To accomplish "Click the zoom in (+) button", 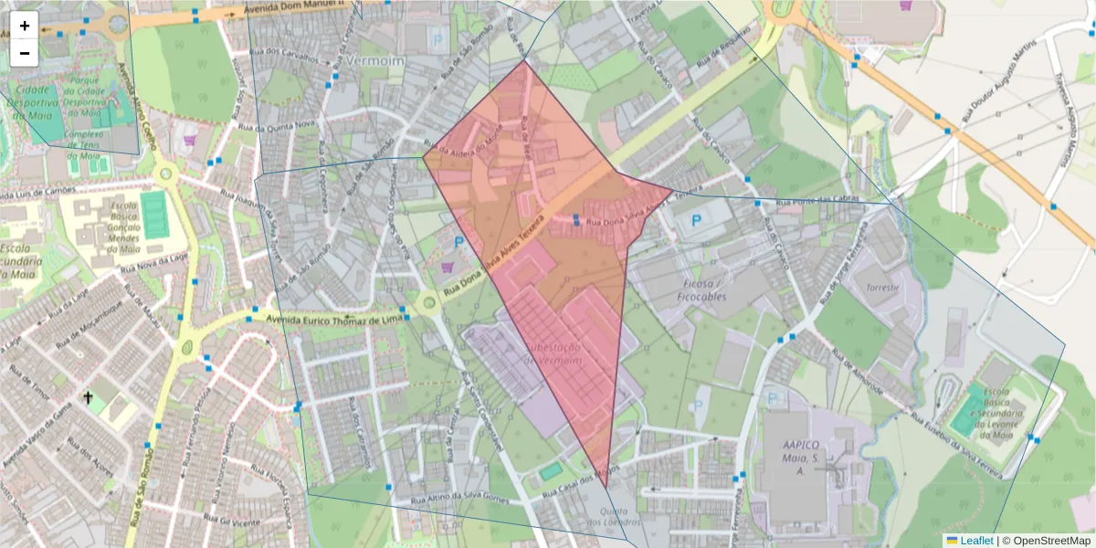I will click(25, 26).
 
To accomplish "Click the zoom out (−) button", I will click(25, 53).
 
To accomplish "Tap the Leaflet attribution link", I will click(975, 541).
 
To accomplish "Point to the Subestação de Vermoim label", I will click(553, 354).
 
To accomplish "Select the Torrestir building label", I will click(882, 287).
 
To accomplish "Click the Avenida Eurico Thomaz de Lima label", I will click(333, 319).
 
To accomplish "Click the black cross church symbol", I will click(88, 397).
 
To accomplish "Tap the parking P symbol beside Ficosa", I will click(696, 220).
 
